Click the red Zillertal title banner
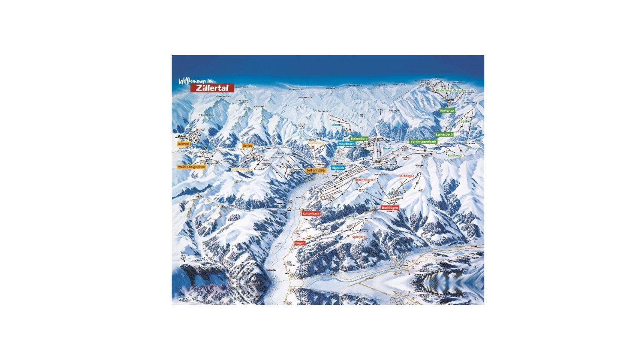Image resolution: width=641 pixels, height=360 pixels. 212,88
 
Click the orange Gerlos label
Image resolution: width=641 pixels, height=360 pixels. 248,146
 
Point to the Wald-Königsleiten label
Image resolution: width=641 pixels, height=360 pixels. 191,167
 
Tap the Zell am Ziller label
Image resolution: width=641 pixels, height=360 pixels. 316,171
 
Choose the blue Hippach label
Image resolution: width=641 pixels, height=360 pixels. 338,168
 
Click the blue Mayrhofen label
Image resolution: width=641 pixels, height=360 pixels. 347,144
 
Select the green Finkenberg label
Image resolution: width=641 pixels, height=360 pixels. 359,139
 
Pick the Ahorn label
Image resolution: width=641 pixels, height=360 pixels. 336,125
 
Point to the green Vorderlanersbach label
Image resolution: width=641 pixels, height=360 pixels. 423,142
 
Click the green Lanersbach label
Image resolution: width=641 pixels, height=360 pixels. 444,135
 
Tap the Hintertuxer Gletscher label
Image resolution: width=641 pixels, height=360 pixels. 451,91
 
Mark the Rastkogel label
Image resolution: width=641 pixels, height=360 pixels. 455,155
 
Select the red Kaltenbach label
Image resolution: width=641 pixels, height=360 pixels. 311,214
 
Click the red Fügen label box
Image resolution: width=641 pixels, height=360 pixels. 300,243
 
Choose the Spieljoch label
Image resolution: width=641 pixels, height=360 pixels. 359,237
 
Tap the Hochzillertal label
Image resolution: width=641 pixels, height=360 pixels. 365,180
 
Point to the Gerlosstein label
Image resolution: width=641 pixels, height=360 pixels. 316,143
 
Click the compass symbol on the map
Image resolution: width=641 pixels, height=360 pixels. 183,257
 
